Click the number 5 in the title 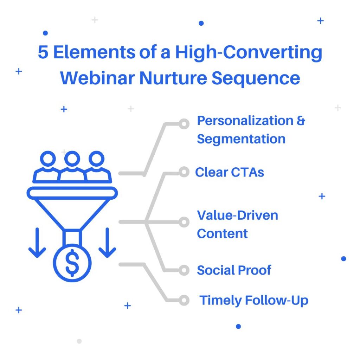43,52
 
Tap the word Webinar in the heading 97,78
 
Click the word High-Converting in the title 249,53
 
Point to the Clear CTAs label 230,172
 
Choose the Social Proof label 234,270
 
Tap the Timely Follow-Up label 254,301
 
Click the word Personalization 245,121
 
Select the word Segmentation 241,139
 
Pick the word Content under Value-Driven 222,234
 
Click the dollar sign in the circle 72,263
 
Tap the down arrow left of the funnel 37,243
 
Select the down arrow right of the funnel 107,243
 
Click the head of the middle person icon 72,159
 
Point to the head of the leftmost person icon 48,159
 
